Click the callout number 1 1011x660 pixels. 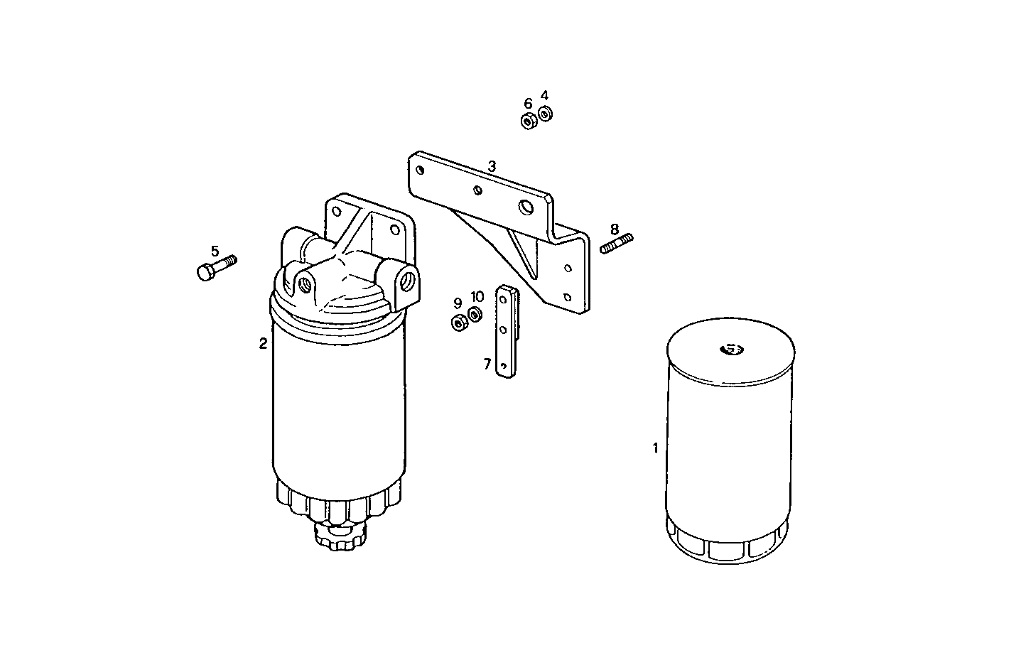(655, 448)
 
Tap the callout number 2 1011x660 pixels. (263, 344)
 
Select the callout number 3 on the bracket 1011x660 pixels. (492, 166)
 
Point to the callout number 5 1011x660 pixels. (215, 251)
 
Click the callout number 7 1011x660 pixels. (487, 364)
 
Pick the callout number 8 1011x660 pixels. (615, 229)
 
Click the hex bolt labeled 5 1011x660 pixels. (213, 269)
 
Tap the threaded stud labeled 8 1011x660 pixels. (617, 243)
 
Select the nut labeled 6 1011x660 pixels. (528, 121)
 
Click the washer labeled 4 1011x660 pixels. (546, 113)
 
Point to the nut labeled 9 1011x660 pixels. (458, 323)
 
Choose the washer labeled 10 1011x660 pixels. (475, 313)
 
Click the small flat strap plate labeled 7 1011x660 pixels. (505, 332)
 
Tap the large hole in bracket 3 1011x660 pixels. (526, 207)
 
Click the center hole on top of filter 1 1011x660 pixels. (730, 349)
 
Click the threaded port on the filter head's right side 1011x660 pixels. (409, 279)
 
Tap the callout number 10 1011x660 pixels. (477, 296)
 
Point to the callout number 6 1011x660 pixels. (528, 104)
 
